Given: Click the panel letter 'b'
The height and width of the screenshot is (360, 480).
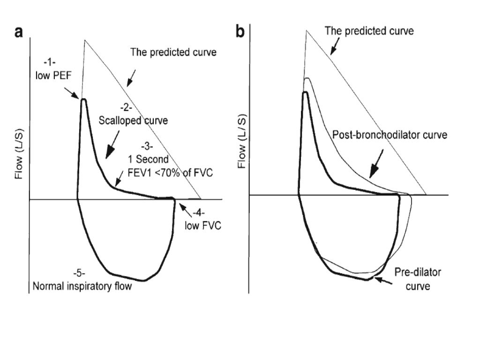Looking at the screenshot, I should coord(240,33).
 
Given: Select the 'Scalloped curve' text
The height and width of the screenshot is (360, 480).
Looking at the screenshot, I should coord(134,120).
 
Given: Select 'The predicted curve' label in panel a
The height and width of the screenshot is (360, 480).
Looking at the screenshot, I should coord(173,52).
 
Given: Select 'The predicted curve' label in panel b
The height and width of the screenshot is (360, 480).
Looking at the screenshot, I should coord(370,31).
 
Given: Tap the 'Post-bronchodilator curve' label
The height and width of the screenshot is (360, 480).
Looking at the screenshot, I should coord(390,135).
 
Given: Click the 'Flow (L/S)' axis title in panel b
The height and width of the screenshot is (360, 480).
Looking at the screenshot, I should coord(242,140).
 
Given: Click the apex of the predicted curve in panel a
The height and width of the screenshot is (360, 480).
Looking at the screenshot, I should coord(85,40).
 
